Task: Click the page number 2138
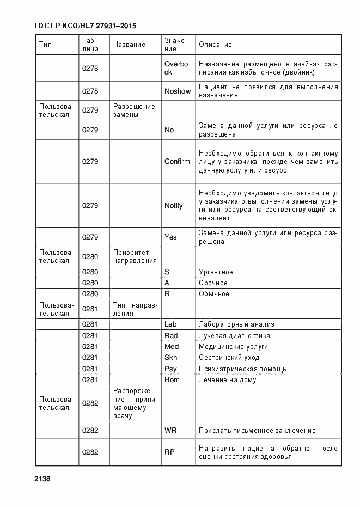(x=42, y=479)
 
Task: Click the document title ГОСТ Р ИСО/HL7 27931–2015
(x=85, y=26)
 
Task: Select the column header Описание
(x=215, y=44)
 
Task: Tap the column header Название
(x=129, y=44)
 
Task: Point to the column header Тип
(x=45, y=44)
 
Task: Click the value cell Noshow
(x=178, y=91)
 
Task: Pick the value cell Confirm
(x=177, y=161)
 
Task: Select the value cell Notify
(x=174, y=205)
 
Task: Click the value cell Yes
(x=170, y=237)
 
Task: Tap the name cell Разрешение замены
(x=134, y=111)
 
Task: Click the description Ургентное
(x=216, y=272)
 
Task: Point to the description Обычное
(x=213, y=293)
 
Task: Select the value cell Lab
(x=170, y=324)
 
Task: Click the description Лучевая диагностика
(x=234, y=335)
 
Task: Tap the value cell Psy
(x=171, y=369)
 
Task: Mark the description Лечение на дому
(x=227, y=379)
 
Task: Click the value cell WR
(x=170, y=430)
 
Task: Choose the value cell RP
(x=169, y=452)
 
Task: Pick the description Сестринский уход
(x=229, y=358)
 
